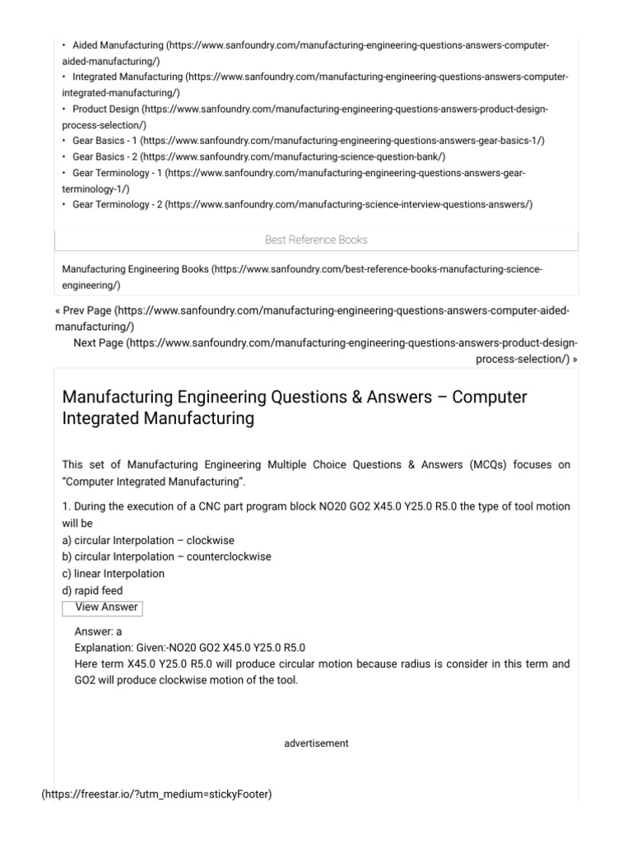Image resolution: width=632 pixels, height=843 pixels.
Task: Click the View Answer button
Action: click(x=101, y=608)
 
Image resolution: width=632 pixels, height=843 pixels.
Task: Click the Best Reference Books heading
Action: click(x=316, y=240)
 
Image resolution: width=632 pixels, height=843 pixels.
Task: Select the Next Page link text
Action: click(x=98, y=342)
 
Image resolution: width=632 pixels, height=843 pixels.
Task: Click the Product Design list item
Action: click(x=106, y=109)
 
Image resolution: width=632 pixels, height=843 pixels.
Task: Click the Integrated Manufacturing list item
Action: click(x=128, y=77)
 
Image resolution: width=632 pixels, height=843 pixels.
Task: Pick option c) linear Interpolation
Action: click(x=114, y=573)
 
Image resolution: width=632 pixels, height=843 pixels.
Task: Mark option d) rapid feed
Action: click(x=92, y=590)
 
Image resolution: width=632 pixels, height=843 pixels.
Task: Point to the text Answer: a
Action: click(x=98, y=632)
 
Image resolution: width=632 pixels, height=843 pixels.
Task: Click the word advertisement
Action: click(x=316, y=743)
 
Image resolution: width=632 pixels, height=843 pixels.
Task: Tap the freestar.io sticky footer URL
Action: click(x=156, y=794)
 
